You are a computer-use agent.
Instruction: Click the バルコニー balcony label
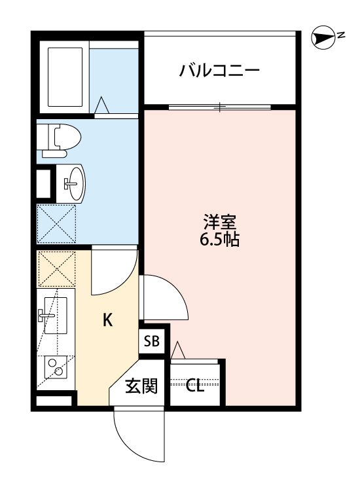click(220, 69)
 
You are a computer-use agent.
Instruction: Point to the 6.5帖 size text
click(220, 240)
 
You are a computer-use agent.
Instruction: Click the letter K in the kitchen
click(108, 320)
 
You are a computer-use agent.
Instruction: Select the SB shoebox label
click(151, 341)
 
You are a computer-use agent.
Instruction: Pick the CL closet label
click(195, 386)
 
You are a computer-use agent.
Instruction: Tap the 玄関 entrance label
click(141, 386)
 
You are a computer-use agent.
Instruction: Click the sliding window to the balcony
click(221, 106)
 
